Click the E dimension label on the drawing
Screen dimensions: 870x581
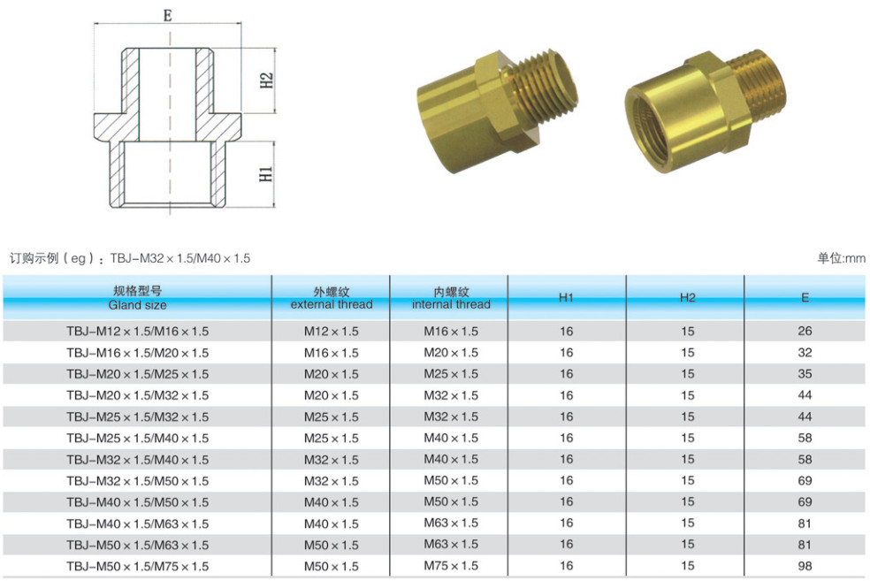click(168, 16)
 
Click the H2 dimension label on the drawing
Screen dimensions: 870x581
click(267, 80)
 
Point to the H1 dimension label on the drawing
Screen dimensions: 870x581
click(266, 174)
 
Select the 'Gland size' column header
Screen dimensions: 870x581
click(137, 305)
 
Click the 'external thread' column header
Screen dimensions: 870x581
click(332, 304)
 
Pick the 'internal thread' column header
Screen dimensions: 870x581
click(451, 304)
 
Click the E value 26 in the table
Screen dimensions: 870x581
click(805, 332)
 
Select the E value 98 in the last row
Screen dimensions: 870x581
click(805, 566)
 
